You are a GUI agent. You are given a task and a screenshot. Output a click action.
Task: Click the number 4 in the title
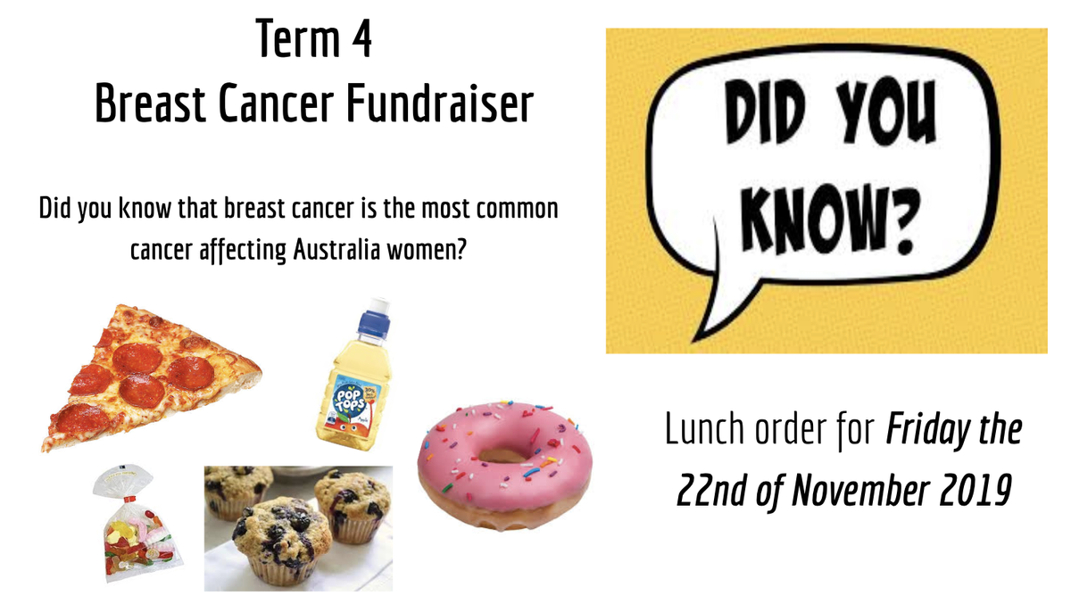pyautogui.click(x=361, y=38)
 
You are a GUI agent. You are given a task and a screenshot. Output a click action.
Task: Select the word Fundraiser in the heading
pyautogui.click(x=440, y=103)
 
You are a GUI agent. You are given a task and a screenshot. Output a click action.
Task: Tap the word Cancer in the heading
pyautogui.click(x=276, y=103)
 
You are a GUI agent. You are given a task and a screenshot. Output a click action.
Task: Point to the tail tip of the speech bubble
pyautogui.click(x=694, y=341)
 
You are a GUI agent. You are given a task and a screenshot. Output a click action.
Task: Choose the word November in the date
pyautogui.click(x=860, y=491)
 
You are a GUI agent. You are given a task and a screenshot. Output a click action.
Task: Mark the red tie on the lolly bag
pyautogui.click(x=127, y=500)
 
